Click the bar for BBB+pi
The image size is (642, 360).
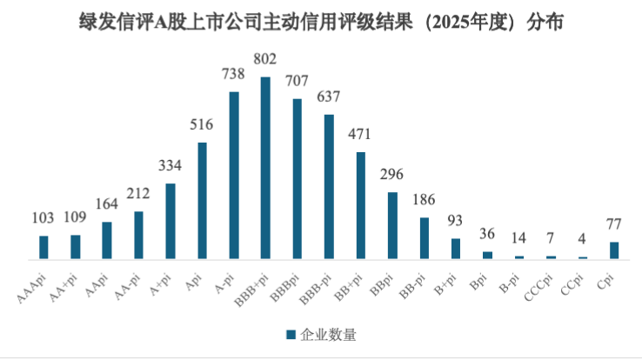[x=265, y=168]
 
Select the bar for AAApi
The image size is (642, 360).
[x=43, y=248]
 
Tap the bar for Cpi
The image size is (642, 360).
[x=614, y=250]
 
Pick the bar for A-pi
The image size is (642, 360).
[x=234, y=176]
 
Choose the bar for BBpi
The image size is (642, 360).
[x=392, y=225]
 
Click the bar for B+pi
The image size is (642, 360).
[x=456, y=249]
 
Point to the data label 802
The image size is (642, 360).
[x=265, y=59]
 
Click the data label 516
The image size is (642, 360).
[x=202, y=124]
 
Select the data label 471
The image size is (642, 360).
[x=359, y=134]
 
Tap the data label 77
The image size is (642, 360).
[x=614, y=224]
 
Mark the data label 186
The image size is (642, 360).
[x=424, y=200]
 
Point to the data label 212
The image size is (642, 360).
[x=138, y=193]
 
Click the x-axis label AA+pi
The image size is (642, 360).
[x=63, y=289]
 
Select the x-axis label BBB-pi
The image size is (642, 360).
[x=315, y=290]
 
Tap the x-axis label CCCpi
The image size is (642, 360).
[x=538, y=288]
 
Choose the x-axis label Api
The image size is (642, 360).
[x=194, y=283]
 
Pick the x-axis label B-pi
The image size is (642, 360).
[x=510, y=283]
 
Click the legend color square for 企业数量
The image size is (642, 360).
[x=291, y=335]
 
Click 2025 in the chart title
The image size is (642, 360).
[x=450, y=22]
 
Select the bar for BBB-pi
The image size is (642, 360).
[x=329, y=187]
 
